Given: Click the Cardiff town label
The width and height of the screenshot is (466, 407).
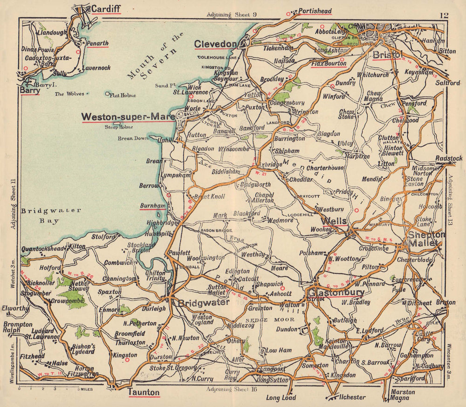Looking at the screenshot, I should click(x=106, y=8).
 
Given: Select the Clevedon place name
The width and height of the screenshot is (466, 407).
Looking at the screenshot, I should click(x=215, y=44).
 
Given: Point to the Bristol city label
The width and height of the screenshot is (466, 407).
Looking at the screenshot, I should click(x=387, y=55).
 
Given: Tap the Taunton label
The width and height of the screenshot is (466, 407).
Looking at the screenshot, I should click(x=144, y=392).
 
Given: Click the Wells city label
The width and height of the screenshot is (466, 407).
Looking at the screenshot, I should click(x=334, y=220).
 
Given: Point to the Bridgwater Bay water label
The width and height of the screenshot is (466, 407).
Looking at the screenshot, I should click(x=51, y=216).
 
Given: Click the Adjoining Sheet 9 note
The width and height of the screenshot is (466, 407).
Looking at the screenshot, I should click(x=232, y=14).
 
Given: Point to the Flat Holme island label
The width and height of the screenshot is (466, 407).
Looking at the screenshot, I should click(x=122, y=95).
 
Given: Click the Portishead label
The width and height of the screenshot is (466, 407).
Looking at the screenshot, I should click(x=315, y=11).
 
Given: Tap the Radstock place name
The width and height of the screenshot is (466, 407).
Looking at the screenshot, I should click(x=449, y=158).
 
